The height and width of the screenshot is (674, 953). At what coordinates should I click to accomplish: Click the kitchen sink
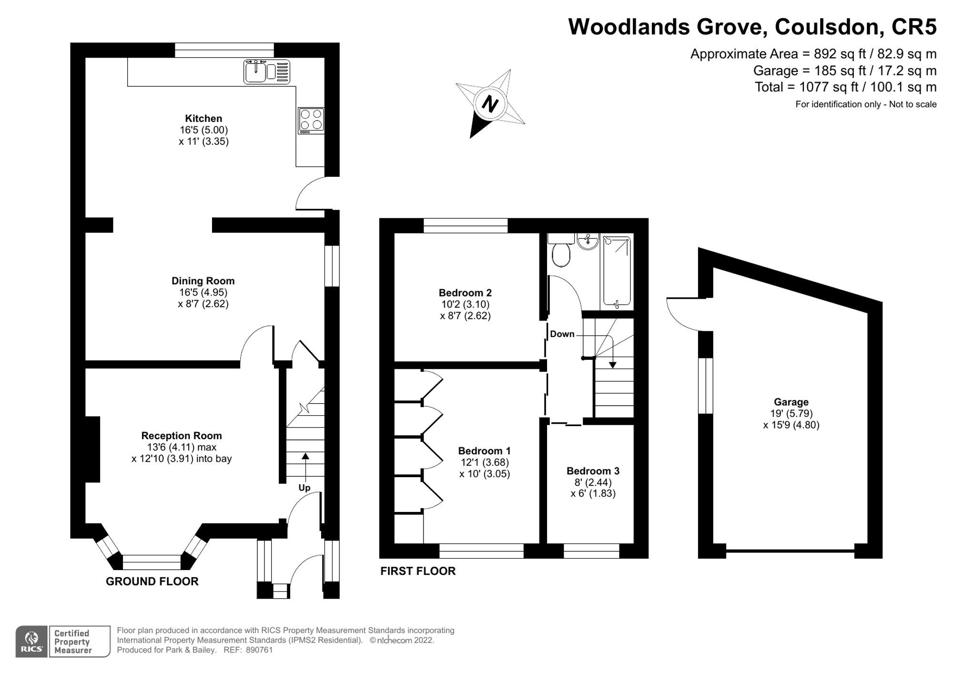pyautogui.click(x=267, y=71)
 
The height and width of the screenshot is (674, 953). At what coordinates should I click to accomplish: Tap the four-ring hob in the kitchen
pyautogui.click(x=311, y=120)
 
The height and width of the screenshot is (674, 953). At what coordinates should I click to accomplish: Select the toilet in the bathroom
pyautogui.click(x=561, y=250)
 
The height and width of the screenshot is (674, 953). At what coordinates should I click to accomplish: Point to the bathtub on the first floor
pyautogui.click(x=617, y=271)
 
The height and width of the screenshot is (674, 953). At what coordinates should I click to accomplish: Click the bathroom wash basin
pyautogui.click(x=588, y=241)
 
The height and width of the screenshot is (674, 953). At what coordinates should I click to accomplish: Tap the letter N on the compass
pyautogui.click(x=490, y=103)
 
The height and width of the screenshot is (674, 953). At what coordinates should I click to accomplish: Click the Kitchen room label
pyautogui.click(x=203, y=118)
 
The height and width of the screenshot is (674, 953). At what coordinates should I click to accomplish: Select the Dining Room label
pyautogui.click(x=203, y=281)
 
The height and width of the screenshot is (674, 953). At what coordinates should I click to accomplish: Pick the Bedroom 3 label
pyautogui.click(x=593, y=471)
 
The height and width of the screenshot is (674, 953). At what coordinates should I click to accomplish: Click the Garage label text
pyautogui.click(x=791, y=402)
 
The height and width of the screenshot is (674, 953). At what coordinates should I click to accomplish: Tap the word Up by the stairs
pyautogui.click(x=304, y=488)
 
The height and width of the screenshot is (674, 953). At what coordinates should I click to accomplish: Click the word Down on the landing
pyautogui.click(x=562, y=334)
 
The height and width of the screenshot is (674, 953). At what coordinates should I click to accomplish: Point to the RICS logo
pyautogui.click(x=31, y=642)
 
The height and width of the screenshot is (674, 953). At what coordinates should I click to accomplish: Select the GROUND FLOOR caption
pyautogui.click(x=152, y=582)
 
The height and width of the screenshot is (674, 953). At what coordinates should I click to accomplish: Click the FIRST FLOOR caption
pyautogui.click(x=418, y=571)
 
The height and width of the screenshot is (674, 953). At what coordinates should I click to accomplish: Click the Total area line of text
pyautogui.click(x=846, y=87)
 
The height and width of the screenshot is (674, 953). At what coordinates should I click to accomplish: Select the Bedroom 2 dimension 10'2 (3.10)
pyautogui.click(x=465, y=304)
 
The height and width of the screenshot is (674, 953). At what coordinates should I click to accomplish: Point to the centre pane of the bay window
pyautogui.click(x=152, y=562)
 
